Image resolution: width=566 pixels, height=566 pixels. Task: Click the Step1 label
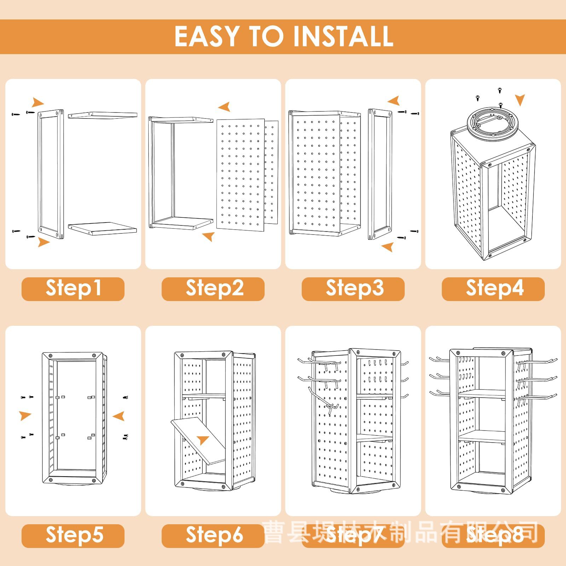point(73,288)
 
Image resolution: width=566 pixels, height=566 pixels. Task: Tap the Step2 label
point(213,288)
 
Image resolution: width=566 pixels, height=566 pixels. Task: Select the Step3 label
point(353,288)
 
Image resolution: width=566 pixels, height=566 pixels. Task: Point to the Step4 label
point(493,288)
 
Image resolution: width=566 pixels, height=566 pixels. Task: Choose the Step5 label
point(73,535)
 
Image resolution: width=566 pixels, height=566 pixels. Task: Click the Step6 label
point(213,535)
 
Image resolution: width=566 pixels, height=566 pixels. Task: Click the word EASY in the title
point(207,36)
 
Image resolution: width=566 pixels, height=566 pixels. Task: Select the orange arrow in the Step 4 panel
point(520,100)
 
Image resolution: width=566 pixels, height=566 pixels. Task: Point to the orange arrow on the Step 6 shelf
point(203,440)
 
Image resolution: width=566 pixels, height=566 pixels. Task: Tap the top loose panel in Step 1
point(103,115)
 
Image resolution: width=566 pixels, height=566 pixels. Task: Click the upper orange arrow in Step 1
point(37,103)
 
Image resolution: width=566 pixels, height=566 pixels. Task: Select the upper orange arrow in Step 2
point(225,106)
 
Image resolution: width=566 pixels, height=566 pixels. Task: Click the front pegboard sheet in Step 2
point(241,175)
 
